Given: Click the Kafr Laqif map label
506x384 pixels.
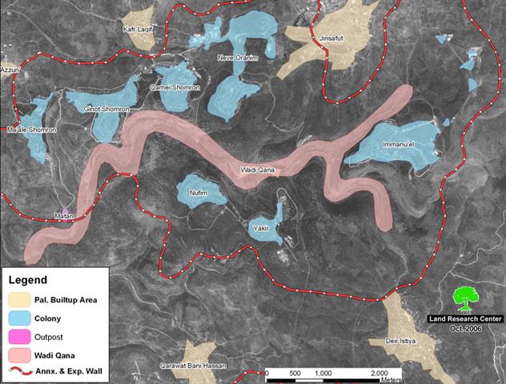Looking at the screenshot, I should [138, 28].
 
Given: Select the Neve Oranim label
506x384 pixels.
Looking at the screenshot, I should [237, 58].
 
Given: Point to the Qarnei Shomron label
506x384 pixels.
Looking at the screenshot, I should [181, 86].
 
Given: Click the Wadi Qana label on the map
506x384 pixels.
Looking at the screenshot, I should [258, 170].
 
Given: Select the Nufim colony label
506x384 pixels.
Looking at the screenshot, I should [198, 193].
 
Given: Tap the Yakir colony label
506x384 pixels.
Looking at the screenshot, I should [259, 228].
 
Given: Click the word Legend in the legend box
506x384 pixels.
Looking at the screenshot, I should [28, 280].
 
